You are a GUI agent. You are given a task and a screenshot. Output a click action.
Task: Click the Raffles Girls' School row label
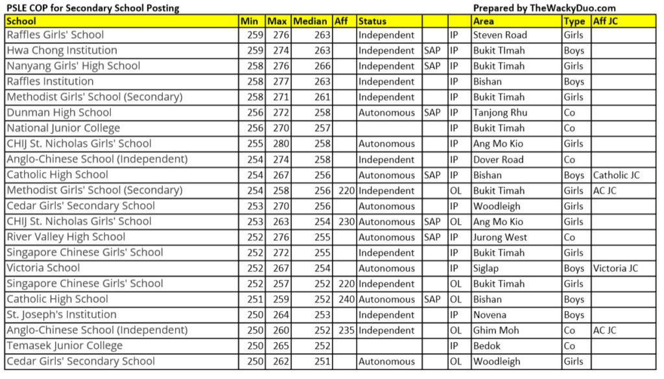(55, 35)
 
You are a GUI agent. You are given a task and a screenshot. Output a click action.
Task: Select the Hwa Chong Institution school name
(62, 51)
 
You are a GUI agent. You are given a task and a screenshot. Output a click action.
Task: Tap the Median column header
(310, 21)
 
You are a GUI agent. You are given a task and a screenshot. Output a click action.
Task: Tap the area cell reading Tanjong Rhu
(500, 113)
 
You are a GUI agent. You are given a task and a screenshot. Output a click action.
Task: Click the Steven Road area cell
(500, 35)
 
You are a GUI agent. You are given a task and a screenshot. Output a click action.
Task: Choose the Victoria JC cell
(615, 268)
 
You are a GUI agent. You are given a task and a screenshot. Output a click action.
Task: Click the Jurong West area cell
(500, 237)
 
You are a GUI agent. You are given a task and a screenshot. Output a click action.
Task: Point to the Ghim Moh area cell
(496, 330)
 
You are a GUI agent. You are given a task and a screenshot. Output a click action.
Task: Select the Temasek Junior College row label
(65, 346)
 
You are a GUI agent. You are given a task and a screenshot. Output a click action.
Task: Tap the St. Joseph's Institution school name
(62, 315)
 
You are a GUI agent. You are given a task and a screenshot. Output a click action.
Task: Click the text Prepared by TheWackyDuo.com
(544, 8)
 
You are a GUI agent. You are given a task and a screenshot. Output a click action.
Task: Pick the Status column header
(372, 21)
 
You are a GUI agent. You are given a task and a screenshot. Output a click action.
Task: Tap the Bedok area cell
(487, 346)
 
